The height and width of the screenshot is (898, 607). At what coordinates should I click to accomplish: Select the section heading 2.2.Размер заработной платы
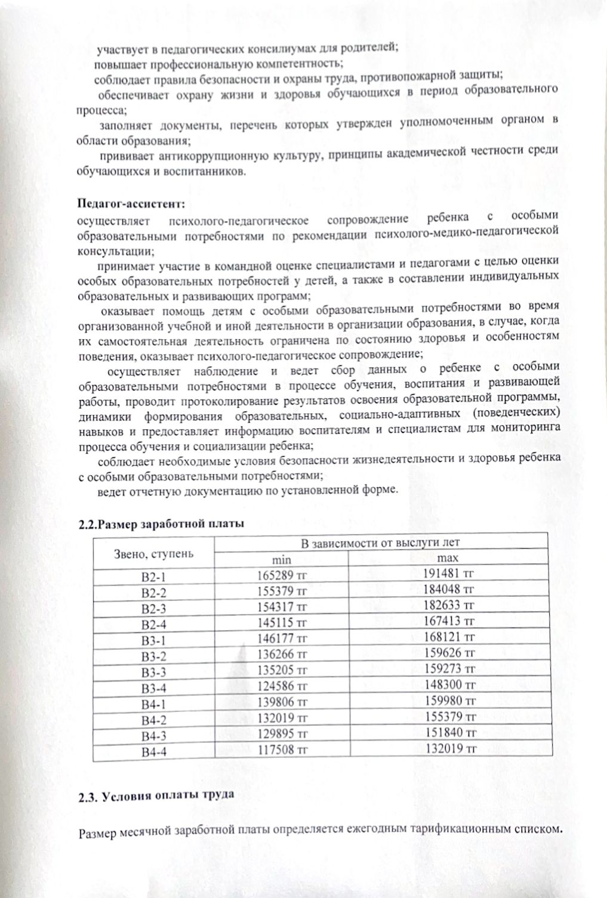pos(161,525)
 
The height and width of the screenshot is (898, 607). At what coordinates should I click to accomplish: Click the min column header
pos(281,561)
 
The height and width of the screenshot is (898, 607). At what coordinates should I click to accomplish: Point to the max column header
pos(447,559)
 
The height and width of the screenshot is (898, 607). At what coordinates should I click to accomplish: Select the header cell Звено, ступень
pos(153,553)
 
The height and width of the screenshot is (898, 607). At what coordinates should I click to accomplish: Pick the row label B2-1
pos(153,577)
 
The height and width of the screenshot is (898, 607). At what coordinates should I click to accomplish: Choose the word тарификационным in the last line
pos(458,830)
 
